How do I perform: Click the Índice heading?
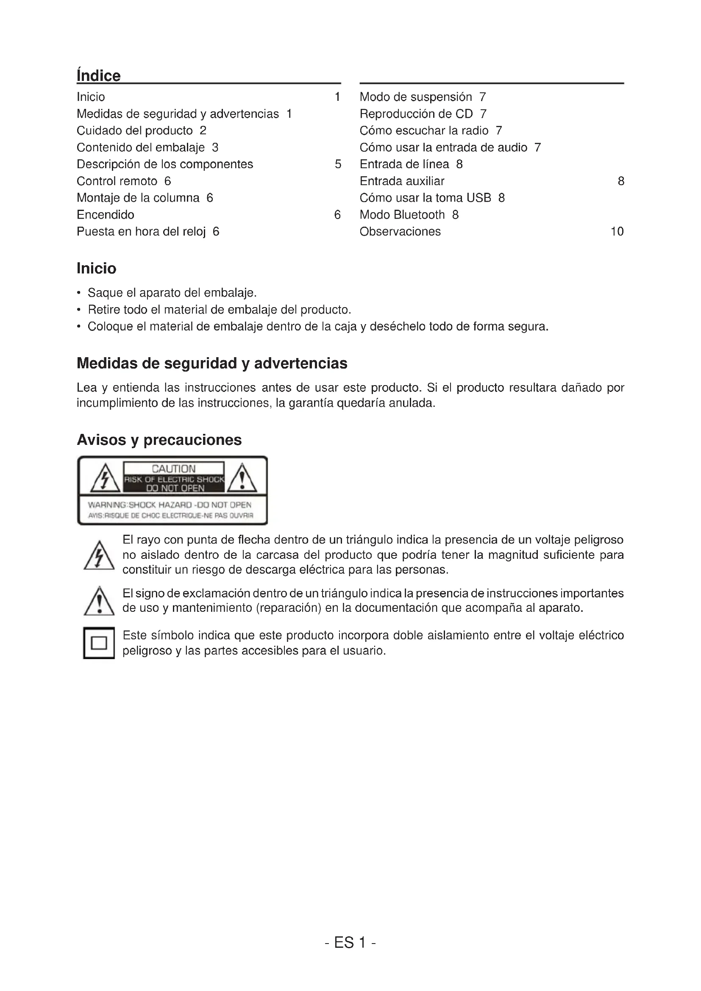click(98, 75)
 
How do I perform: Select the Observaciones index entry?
click(400, 232)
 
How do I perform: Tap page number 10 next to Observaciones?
click(617, 232)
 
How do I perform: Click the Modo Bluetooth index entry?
click(402, 215)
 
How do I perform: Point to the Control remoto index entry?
click(117, 181)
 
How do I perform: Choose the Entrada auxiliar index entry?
click(402, 181)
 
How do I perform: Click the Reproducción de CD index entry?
click(416, 114)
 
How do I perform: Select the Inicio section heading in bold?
click(96, 269)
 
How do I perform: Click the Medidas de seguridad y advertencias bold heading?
click(211, 364)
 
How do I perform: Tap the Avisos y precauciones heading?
click(159, 440)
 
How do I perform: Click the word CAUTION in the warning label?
click(173, 469)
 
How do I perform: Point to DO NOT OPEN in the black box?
click(175, 488)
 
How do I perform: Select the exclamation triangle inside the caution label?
click(242, 479)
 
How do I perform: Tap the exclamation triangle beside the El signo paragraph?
click(99, 602)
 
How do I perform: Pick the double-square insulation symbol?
click(99, 643)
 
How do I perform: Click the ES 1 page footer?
click(350, 943)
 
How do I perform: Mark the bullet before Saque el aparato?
click(78, 293)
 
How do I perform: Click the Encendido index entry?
click(106, 215)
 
